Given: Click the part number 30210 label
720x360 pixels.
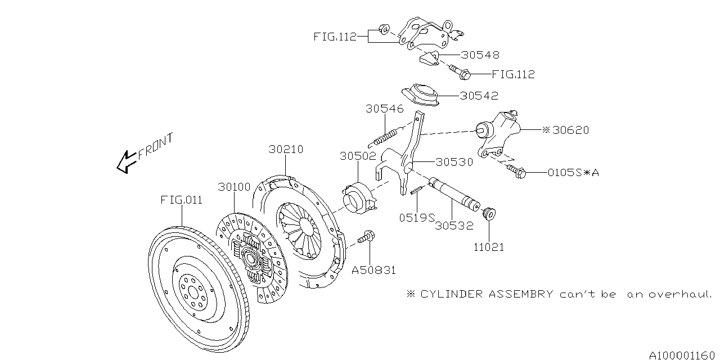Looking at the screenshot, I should coord(286,150).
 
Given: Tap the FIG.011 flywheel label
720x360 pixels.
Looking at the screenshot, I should coord(181,200).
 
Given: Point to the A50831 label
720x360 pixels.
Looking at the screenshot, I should coord(374,270).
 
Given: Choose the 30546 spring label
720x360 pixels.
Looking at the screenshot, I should coord(385,109).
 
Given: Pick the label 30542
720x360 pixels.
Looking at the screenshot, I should coord(479,96).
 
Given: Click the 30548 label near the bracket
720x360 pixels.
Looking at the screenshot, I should coord(480,55).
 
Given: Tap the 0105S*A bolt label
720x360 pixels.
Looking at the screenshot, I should coord(573,173).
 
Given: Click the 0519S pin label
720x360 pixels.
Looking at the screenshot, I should coord(418,217).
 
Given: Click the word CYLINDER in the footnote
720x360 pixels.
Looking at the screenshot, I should coord(453,294).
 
